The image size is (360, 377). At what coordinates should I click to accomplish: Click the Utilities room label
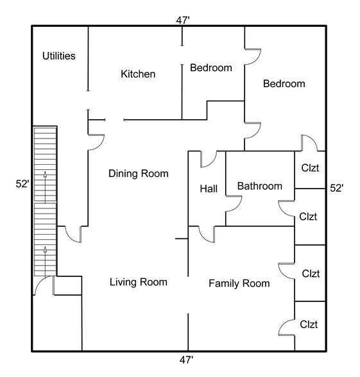(x=59, y=56)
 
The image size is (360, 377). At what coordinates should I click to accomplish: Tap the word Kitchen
(x=138, y=74)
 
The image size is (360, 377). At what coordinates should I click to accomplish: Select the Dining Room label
(x=139, y=173)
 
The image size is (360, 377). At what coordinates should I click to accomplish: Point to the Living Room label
(x=139, y=282)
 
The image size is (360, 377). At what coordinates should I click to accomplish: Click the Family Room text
(x=239, y=283)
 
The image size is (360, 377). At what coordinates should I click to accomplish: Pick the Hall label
(x=209, y=188)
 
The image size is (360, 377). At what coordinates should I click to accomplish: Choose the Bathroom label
(x=260, y=186)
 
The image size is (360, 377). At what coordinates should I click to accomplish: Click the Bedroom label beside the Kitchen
(x=211, y=68)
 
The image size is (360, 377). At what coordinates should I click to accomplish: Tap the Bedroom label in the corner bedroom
(x=284, y=83)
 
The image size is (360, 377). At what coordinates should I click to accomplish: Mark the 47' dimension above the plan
(x=183, y=21)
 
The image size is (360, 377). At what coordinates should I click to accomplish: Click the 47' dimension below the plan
(x=186, y=360)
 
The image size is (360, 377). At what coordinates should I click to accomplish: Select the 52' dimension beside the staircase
(x=22, y=184)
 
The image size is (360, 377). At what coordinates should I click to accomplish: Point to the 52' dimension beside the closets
(x=337, y=188)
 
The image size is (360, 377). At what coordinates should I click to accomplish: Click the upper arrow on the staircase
(x=45, y=187)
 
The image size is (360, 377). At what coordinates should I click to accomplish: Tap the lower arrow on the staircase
(x=45, y=261)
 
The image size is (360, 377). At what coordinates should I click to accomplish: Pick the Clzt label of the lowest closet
(x=309, y=324)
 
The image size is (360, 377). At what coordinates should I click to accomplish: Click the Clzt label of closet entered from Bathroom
(x=308, y=217)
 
